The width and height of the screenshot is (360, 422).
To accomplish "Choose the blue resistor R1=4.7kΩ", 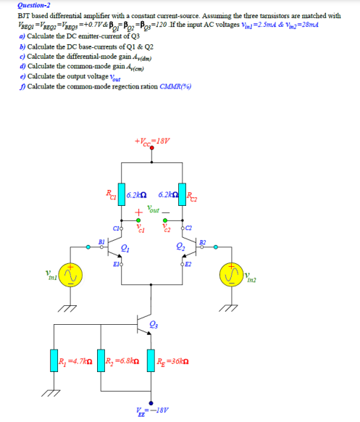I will (x=53, y=360).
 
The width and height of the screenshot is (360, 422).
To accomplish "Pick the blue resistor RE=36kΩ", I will (x=151, y=360).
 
